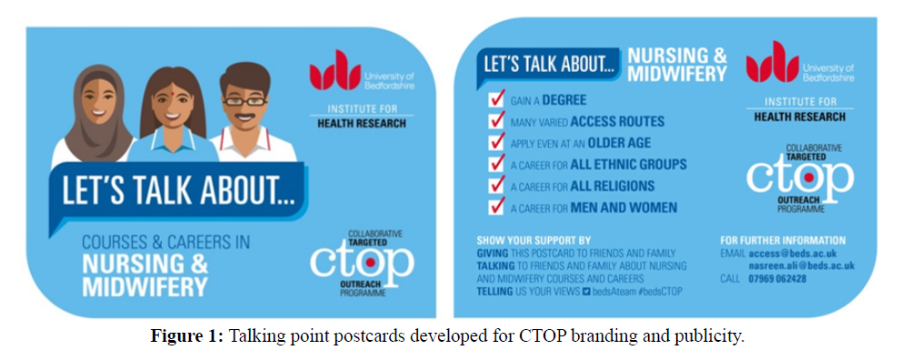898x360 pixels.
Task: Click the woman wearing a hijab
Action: click(x=96, y=115)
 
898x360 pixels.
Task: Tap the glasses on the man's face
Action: click(x=244, y=102)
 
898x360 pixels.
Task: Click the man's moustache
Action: click(x=245, y=119)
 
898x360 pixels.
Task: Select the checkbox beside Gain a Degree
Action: click(x=496, y=100)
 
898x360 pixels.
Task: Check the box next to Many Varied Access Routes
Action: click(x=496, y=121)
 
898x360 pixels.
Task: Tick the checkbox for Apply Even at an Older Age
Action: click(x=496, y=142)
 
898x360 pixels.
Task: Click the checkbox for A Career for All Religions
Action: click(x=496, y=185)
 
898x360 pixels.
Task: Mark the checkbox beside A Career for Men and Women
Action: click(x=496, y=206)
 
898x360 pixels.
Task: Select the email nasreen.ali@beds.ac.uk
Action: click(x=802, y=266)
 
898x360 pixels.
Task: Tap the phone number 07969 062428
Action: click(x=777, y=279)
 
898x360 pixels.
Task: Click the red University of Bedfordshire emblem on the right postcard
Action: click(x=772, y=61)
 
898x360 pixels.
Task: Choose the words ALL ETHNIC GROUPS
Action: click(x=628, y=165)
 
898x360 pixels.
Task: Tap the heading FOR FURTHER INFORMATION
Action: click(x=783, y=241)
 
